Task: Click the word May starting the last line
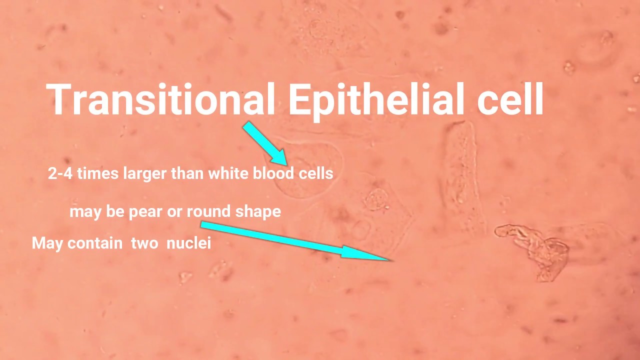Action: [x=47, y=243]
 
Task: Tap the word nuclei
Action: [x=188, y=243]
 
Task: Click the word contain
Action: [x=95, y=243]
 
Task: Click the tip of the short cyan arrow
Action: [x=286, y=164]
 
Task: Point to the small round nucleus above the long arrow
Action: [x=376, y=199]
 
